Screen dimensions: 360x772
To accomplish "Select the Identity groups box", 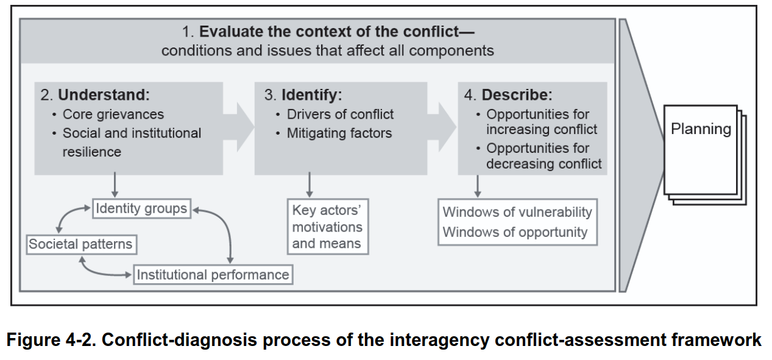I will [141, 209].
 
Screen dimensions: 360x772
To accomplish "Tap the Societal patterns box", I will [80, 244].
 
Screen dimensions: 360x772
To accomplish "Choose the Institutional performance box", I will [213, 275].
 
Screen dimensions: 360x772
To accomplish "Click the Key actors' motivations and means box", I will [328, 227].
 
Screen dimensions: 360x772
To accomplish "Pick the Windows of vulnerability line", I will [517, 212].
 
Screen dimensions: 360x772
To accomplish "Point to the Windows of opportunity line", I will [515, 232].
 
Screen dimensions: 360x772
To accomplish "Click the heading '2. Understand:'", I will [95, 95].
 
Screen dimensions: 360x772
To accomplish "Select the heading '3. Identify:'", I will [303, 95].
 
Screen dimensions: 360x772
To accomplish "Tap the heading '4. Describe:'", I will [508, 95].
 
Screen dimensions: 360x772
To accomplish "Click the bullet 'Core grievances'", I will [113, 115].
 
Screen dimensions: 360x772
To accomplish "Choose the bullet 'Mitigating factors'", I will [339, 133].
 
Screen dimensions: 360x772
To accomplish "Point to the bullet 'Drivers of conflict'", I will [340, 115].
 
